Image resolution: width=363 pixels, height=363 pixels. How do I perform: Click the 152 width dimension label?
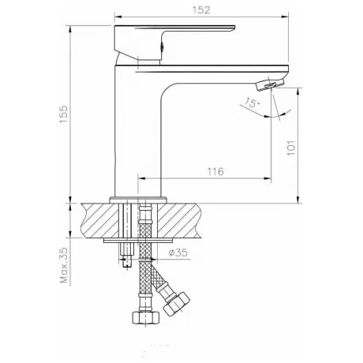201,10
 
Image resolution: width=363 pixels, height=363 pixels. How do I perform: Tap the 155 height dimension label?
64,114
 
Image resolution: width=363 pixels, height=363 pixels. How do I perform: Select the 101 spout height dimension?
291,148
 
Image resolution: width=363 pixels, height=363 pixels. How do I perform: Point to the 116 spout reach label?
215,171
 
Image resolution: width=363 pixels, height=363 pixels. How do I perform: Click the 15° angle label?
252,103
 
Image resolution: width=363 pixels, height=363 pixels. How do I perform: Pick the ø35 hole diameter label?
178,253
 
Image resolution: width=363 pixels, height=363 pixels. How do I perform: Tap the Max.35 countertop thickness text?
64,265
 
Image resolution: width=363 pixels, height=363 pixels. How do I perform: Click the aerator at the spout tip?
270,84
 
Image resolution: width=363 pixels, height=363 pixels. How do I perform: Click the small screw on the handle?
163,47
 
